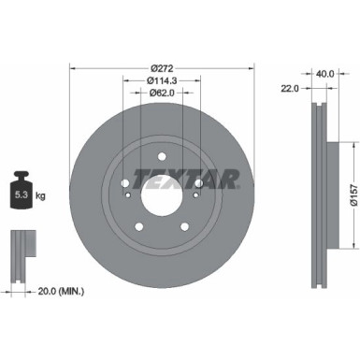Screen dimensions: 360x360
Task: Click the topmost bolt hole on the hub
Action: (160, 156)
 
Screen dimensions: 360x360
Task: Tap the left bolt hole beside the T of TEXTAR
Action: (126, 183)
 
